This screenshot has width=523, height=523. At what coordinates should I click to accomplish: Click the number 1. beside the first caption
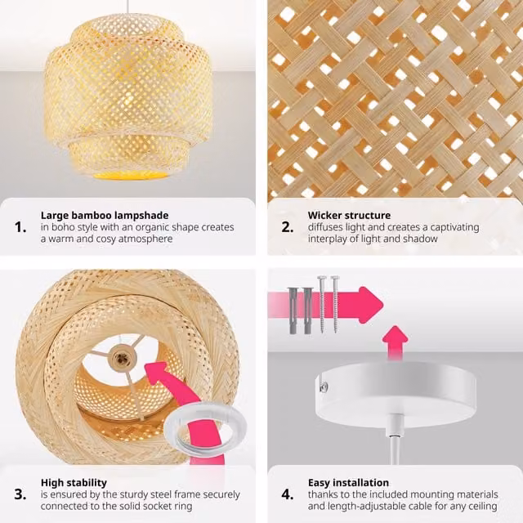(x=20, y=227)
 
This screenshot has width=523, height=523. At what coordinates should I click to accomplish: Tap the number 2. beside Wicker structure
(x=288, y=227)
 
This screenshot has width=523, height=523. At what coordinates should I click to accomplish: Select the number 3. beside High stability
(x=20, y=494)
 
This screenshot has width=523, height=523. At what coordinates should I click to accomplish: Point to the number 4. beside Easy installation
(x=288, y=494)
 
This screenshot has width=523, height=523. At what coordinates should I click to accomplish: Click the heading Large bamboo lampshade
(x=105, y=216)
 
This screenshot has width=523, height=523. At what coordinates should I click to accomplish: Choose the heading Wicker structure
(x=349, y=215)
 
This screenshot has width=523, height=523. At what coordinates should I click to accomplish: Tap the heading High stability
(x=74, y=483)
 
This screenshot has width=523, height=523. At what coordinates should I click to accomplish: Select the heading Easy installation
(x=348, y=483)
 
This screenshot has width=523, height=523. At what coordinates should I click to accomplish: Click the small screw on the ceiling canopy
(x=323, y=387)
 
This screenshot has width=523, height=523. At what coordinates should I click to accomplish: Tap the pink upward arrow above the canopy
(x=396, y=342)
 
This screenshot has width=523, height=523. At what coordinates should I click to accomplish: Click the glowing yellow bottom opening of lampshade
(x=131, y=174)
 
